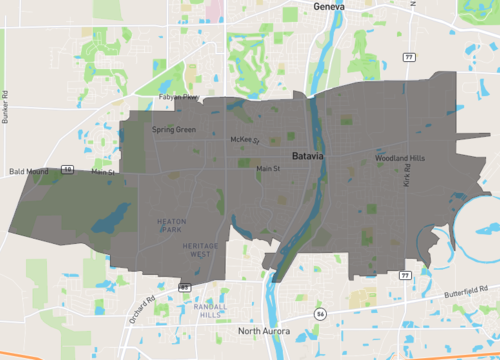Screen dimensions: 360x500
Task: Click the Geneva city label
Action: (x=329, y=7)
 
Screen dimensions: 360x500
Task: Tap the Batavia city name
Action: (x=310, y=157)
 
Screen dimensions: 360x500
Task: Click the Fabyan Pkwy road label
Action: (x=180, y=97)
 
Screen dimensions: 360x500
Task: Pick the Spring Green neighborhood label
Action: (x=174, y=130)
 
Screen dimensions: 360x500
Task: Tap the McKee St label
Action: (x=245, y=140)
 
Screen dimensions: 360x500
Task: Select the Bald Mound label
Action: (x=29, y=172)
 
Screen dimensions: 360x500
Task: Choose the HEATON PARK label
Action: (x=171, y=226)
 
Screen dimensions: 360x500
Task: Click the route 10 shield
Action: (x=67, y=170)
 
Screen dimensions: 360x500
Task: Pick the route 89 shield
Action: (x=185, y=287)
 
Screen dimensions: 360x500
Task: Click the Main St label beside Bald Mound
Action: (x=104, y=172)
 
